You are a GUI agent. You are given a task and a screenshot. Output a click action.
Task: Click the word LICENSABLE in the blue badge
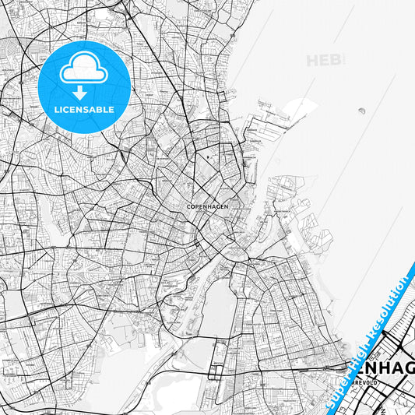tap(84, 110)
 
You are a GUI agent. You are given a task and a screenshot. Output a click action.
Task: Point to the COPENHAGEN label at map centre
tap(207, 206)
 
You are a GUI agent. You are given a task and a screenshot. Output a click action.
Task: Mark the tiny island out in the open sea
tap(362, 111)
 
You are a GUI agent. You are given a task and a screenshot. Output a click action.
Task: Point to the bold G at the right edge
tap(410, 368)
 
